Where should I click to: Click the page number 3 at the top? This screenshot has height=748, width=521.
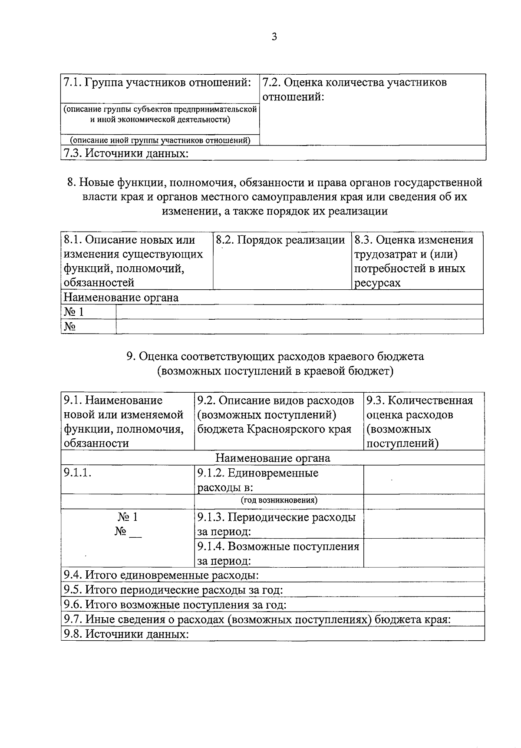coord(274,37)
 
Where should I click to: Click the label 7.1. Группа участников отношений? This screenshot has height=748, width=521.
coord(157,82)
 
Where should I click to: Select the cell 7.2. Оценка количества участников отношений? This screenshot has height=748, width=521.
coord(355,89)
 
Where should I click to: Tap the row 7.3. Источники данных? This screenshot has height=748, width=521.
coord(126,153)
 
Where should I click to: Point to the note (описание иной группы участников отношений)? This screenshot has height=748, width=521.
coord(160,140)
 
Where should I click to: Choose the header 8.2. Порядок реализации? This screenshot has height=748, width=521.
coord(280,240)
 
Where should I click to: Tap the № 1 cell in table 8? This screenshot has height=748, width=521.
coord(74,312)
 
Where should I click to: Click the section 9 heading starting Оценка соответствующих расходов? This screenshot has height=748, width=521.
coord(275,356)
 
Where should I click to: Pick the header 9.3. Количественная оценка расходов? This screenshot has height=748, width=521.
coord(419,421)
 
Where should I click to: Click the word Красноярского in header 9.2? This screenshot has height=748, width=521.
coord(286,429)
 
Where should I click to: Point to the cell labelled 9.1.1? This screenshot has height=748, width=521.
coord(78,473)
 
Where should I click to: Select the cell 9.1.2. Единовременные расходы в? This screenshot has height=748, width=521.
coord(258,480)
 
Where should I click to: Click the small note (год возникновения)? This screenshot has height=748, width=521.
coord(279,500)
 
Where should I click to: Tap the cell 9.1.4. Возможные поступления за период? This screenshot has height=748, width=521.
coord(278,553)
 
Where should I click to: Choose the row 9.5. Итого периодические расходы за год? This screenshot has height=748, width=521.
coord(173,590)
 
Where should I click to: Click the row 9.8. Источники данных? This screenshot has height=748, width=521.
coord(126,634)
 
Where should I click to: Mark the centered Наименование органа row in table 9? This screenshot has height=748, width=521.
coord(273,458)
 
